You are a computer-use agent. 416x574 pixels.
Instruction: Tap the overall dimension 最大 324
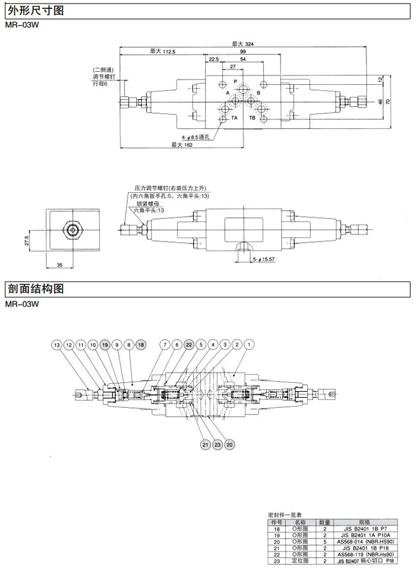coord(241,43)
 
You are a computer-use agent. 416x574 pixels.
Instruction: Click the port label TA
coord(235,118)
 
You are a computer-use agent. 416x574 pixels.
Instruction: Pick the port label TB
coord(253,118)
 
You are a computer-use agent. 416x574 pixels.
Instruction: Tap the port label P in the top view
coord(235,81)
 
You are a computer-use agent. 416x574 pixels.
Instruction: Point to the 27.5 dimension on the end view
coord(26,242)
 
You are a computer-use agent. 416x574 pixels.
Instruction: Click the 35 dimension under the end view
coord(59,265)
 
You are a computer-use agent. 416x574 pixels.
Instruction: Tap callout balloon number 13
coord(56,344)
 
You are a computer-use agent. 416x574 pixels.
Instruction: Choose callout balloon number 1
coord(249,344)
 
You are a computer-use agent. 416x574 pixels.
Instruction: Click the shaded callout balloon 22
coord(189,344)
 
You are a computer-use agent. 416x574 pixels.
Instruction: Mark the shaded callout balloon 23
coord(217,444)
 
